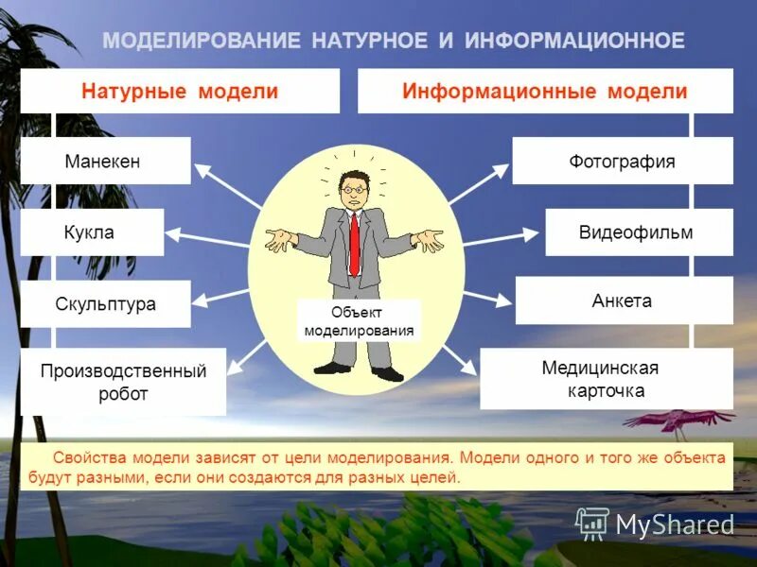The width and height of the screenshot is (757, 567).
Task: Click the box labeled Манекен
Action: tap(105, 161)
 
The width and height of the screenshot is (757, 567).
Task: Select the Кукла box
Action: tap(92, 232)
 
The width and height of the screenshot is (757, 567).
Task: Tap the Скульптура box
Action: tap(105, 304)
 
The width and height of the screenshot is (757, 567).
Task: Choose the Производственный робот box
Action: tap(123, 382)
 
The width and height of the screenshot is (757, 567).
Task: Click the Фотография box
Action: tap(622, 161)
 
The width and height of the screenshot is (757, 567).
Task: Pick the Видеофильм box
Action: tap(639, 232)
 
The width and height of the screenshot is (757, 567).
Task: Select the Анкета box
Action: tap(624, 301)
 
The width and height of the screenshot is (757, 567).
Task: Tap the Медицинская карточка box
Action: tap(606, 378)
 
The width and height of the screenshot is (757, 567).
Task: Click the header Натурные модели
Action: tap(180, 92)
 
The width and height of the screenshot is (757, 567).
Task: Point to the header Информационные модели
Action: tap(545, 92)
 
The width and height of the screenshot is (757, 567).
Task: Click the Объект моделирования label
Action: tap(359, 321)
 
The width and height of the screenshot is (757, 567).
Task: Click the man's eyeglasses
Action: tap(354, 189)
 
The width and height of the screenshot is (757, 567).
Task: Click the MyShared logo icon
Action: tap(592, 523)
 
